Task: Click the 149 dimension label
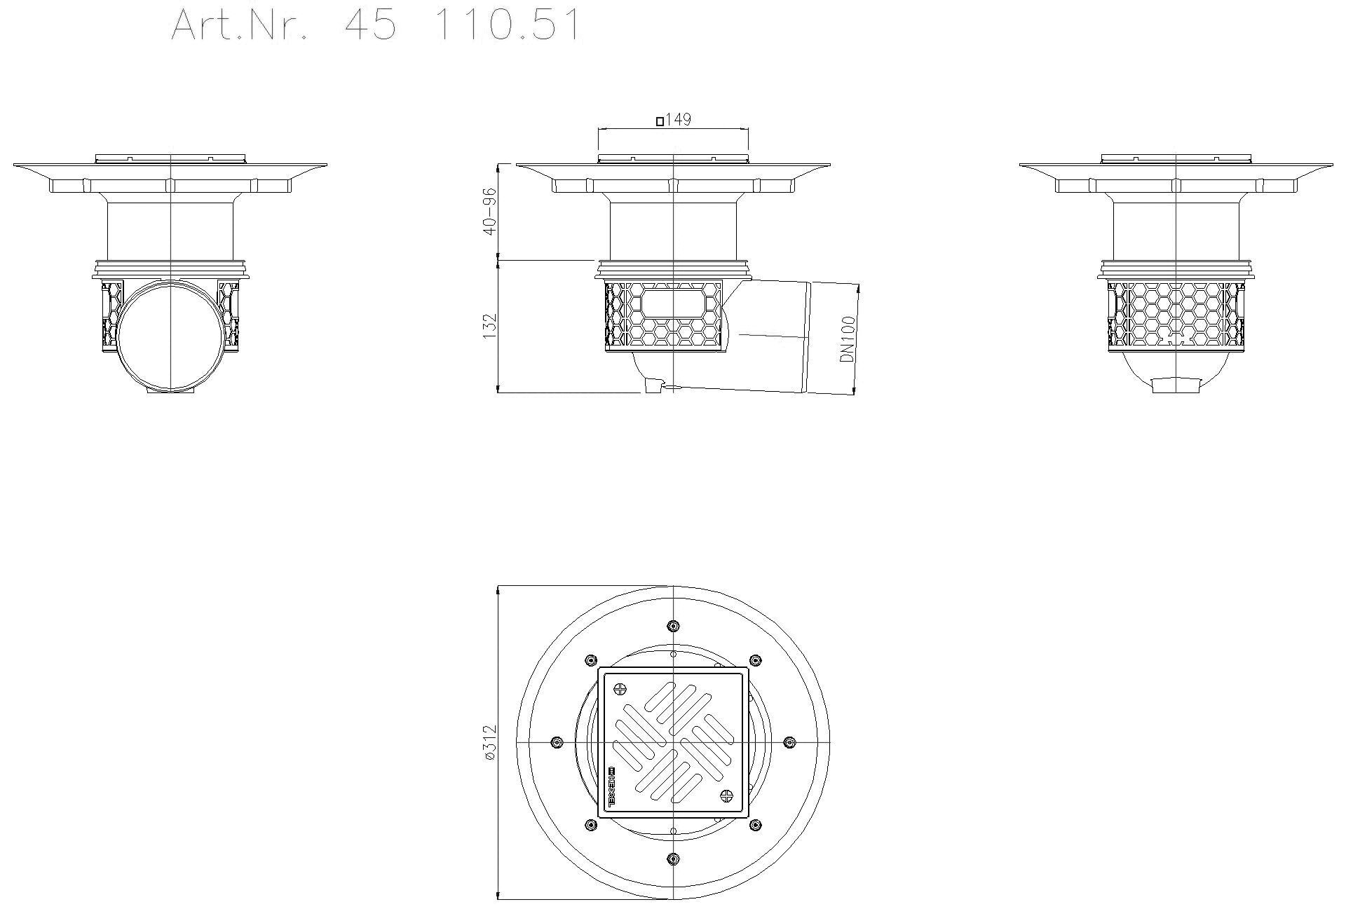pos(678,120)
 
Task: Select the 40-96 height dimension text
pos(489,211)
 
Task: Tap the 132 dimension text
pos(489,327)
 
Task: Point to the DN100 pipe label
pos(848,339)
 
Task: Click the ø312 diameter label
pos(489,743)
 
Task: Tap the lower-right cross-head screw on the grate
pos(727,795)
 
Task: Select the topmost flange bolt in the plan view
pos(673,626)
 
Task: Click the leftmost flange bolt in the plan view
pos(557,742)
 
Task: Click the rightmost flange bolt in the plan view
pos(789,742)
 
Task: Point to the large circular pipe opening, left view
pos(172,335)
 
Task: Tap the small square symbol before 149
pos(660,121)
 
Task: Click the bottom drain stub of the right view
pos(1176,385)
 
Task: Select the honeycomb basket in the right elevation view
pos(1176,315)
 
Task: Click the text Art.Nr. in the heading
pos(239,26)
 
